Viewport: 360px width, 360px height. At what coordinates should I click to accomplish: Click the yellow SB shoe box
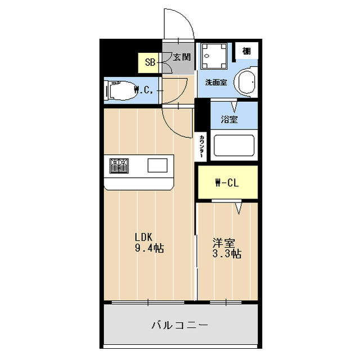(x=150, y=62)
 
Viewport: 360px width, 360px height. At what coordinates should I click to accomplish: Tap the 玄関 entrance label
(x=182, y=57)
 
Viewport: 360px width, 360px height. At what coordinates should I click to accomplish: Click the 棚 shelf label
(x=246, y=51)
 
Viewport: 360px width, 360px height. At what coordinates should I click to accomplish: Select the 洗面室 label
(x=215, y=82)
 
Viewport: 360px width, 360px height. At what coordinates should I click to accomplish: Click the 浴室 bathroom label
(x=229, y=119)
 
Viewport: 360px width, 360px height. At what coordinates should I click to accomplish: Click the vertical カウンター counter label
(x=201, y=146)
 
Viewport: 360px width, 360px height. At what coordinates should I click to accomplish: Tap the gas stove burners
(x=119, y=165)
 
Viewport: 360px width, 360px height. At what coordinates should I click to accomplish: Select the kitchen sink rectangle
(x=157, y=165)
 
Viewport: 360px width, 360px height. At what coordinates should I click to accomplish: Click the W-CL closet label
(x=227, y=182)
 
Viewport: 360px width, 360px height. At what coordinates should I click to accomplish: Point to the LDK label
(x=143, y=236)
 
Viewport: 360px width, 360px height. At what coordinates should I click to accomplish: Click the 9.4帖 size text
(x=148, y=248)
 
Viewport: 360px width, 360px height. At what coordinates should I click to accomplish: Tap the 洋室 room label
(x=223, y=242)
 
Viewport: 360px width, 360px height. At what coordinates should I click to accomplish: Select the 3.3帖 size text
(x=227, y=254)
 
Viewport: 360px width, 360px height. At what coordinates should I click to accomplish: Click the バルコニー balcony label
(x=180, y=325)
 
